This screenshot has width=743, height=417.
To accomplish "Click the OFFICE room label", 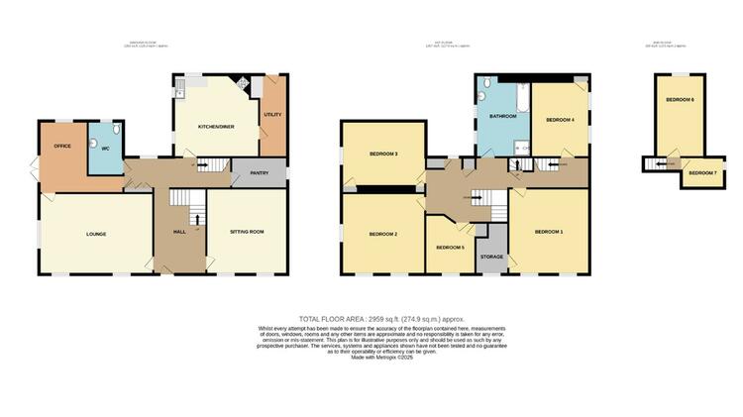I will point(62,147).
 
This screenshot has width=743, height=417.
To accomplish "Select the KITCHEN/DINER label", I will point(214,127).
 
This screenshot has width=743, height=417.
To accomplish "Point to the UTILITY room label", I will point(272,115).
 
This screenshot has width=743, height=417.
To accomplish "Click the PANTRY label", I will point(260,174).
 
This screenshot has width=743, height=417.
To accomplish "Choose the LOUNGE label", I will point(96,234).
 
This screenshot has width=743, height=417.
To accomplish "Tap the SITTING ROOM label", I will point(248,232).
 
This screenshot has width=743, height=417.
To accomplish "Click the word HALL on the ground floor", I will point(179,232).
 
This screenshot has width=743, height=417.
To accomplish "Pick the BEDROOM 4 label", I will point(560,120).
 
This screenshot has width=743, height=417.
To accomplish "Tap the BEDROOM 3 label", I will point(383,155).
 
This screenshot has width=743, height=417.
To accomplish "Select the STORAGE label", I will point(491,257).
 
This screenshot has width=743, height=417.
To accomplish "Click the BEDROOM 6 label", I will point(680,101).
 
